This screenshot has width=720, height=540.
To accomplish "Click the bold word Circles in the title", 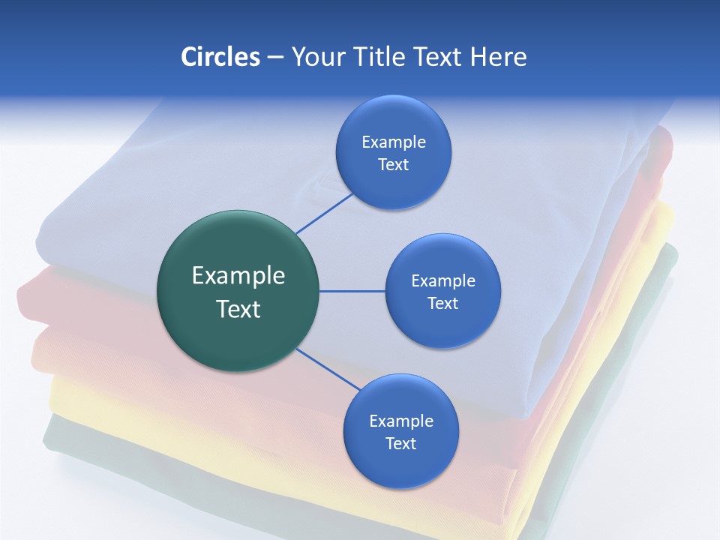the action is click(220, 57).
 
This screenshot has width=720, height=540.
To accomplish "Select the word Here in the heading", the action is click(498, 57).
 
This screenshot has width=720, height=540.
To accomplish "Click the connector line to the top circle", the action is click(324, 213).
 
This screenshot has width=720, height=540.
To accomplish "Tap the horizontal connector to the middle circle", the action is click(352, 291).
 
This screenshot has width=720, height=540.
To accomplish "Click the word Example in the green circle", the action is click(238, 276).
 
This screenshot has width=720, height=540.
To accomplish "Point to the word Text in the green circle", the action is click(238, 309).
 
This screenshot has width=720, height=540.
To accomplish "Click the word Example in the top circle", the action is click(393, 142).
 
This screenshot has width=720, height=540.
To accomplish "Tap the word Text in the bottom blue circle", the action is click(400, 443).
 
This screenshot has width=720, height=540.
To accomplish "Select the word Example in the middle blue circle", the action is click(442, 280).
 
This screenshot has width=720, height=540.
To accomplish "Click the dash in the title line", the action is click(274, 58).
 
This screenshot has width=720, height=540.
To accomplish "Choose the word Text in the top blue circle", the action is click(393, 164).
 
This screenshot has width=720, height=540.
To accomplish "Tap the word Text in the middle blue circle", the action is click(442, 303).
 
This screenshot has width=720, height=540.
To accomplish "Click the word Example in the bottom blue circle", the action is click(400, 421).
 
